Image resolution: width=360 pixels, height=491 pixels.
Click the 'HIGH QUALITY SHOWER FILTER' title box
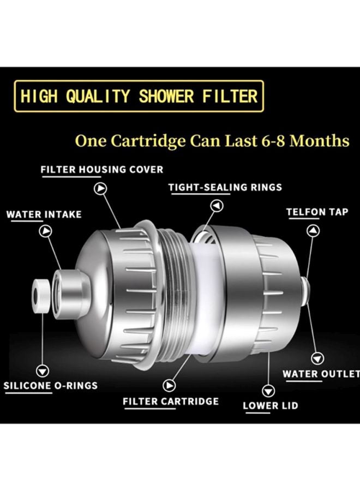(139, 97)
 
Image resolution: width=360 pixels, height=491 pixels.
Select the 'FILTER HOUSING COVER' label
(102, 170)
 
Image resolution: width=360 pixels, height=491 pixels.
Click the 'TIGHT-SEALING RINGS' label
(225, 187)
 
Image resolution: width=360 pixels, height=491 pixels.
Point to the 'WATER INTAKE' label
(44, 214)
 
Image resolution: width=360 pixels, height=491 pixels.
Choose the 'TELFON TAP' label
(317, 212)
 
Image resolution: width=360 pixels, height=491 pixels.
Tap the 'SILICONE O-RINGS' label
(51, 386)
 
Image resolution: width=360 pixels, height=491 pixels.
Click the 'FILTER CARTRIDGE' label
(171, 402)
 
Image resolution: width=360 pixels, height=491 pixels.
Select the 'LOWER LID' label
(270, 405)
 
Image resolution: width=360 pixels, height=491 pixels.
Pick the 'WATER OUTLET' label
(321, 374)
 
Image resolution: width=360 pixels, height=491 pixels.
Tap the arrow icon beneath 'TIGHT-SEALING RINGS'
(217, 206)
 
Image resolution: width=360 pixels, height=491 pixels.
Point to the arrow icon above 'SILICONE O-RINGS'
(42, 371)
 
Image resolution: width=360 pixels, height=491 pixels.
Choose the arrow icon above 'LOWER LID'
(267, 390)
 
